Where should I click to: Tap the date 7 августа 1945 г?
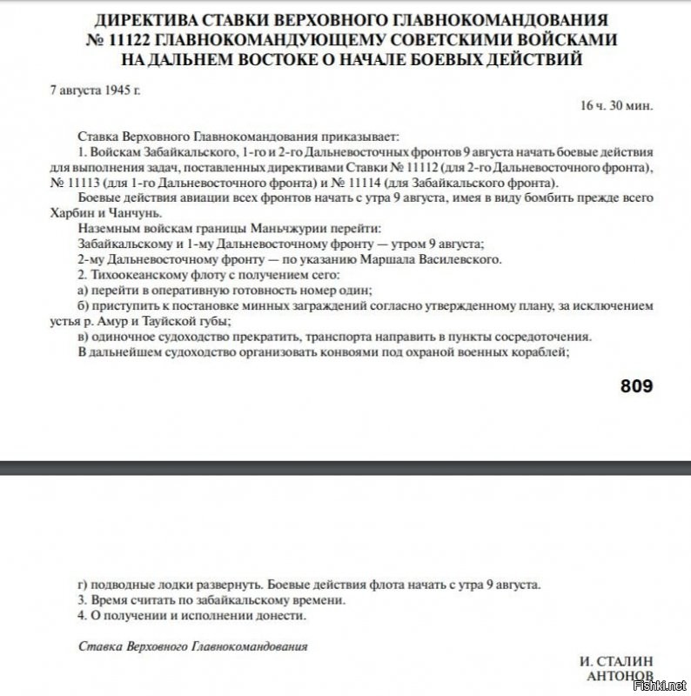pos(95,90)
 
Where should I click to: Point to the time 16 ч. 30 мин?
pos(616,105)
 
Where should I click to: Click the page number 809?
pos(636,385)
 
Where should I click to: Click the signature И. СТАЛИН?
pos(616,661)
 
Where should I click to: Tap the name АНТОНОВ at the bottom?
pos(621,676)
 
